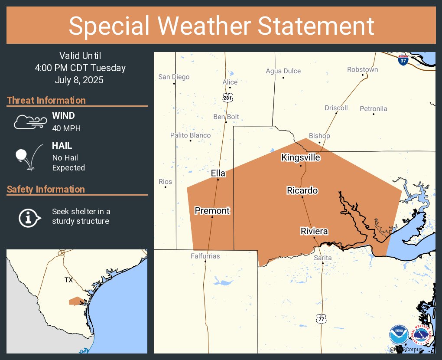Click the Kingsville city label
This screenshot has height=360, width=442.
click(x=301, y=157)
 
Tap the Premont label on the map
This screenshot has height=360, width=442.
click(x=212, y=211)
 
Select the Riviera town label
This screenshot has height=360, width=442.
click(x=314, y=231)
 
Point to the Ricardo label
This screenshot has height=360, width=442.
click(x=302, y=190)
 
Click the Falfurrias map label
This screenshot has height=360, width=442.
click(x=205, y=256)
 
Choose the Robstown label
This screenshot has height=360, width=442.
click(x=362, y=69)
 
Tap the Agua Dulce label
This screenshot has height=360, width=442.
click(x=283, y=71)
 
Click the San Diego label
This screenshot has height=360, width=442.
click(x=174, y=77)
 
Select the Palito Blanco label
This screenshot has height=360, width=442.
click(x=190, y=135)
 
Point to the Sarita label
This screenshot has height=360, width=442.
click(x=323, y=258)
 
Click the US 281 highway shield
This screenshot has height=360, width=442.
click(x=228, y=98)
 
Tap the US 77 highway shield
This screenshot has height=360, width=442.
click(x=321, y=318)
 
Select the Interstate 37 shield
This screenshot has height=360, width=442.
click(x=403, y=60)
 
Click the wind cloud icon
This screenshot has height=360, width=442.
click(x=29, y=122)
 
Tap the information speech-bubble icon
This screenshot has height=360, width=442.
click(x=29, y=217)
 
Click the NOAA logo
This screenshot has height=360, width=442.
click(x=399, y=335)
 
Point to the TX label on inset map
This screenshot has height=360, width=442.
click(x=68, y=280)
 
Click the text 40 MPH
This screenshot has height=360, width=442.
click(x=66, y=128)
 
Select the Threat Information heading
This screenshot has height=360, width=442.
click(x=46, y=100)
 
